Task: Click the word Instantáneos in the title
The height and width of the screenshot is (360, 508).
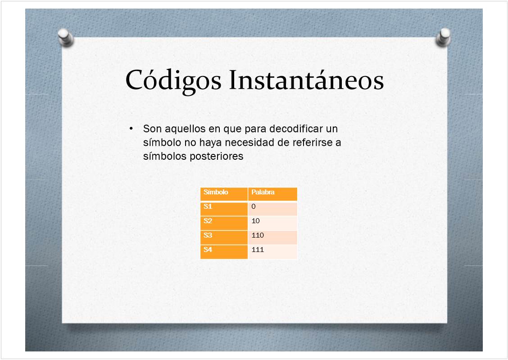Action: [307, 80]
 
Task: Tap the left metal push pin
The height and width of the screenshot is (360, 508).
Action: [66, 38]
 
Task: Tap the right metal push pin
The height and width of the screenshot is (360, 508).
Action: [443, 37]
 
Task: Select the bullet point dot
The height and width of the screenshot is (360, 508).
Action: [131, 129]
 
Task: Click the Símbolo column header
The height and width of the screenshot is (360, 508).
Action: [224, 194]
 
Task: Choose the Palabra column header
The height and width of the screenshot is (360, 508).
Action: [272, 194]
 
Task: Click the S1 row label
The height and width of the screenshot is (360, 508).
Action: [224, 208]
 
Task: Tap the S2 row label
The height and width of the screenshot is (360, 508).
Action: [224, 223]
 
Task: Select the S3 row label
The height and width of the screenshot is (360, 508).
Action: [224, 237]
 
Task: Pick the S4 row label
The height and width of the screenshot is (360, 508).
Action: [224, 252]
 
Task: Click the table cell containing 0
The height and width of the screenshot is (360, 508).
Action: [272, 208]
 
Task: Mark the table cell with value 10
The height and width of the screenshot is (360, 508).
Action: [272, 223]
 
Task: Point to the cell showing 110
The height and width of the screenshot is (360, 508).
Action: [272, 237]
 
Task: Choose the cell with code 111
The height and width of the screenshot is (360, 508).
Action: [272, 252]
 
